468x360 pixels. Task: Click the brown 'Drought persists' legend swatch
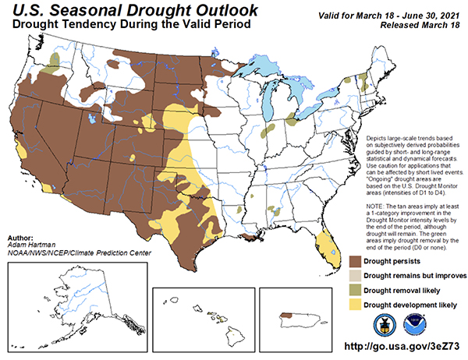tap(356, 261)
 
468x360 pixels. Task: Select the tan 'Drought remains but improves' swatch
tap(356, 275)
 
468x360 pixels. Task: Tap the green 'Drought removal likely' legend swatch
tap(356, 289)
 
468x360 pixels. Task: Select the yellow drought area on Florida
tap(321, 249)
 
